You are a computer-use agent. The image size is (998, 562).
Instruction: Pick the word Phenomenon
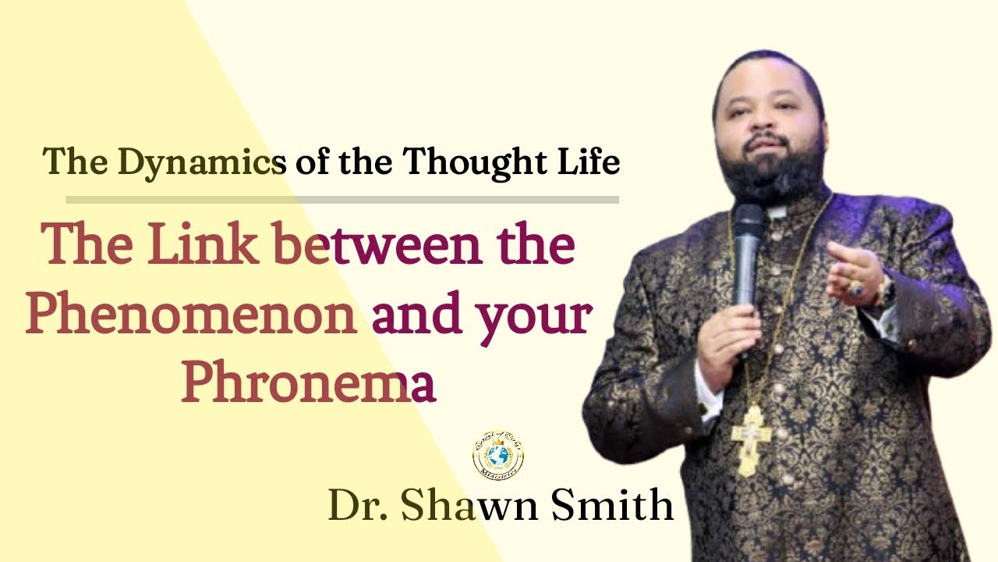192,316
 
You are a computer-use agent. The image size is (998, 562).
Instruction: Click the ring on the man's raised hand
856,288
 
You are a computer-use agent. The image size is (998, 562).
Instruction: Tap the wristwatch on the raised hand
885,293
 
